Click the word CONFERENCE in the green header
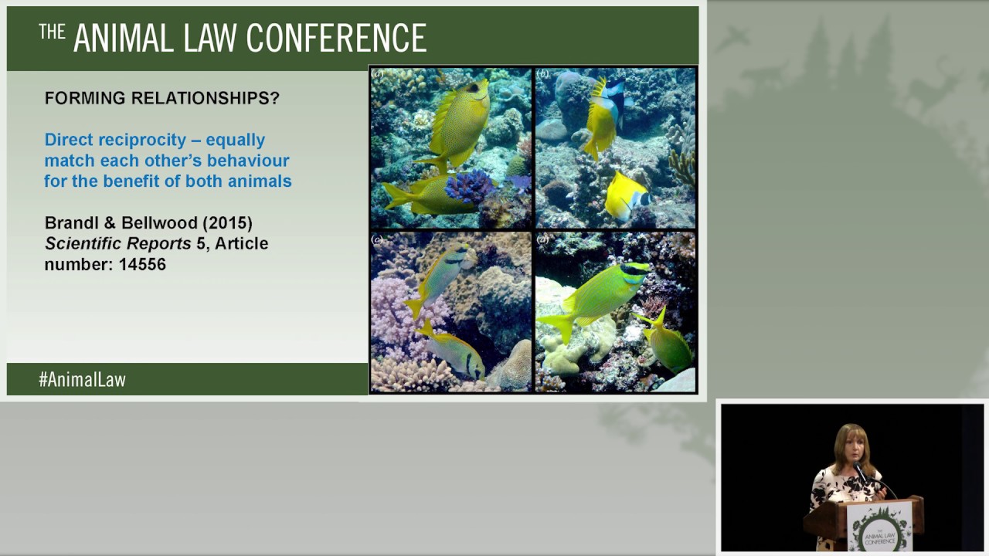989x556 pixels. [x=337, y=37]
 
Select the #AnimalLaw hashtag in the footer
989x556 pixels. [x=82, y=379]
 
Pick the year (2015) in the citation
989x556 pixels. [x=228, y=222]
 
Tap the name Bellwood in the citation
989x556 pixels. [x=164, y=222]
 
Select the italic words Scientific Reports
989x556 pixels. [x=117, y=243]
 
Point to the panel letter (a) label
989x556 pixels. [x=378, y=74]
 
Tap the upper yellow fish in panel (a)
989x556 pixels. [x=459, y=124]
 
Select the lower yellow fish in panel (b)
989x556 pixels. [x=627, y=196]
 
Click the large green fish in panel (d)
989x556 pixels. [x=599, y=297]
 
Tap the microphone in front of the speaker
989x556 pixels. [x=859, y=470]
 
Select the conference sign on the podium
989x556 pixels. [x=879, y=526]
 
